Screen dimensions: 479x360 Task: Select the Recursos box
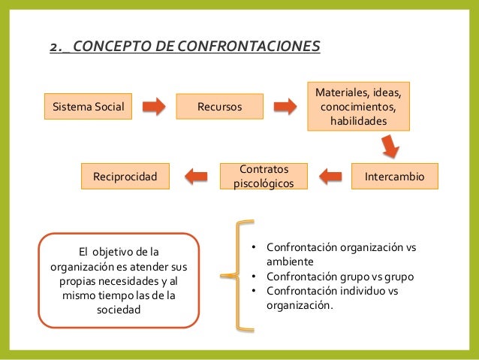219,107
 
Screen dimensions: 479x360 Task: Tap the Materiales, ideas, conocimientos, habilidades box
358,107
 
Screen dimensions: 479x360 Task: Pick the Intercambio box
393,176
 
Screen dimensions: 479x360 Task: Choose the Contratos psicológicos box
263,176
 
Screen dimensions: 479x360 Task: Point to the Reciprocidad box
125,176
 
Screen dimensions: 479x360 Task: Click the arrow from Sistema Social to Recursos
154,107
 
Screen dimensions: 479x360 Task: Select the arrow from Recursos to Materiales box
285,107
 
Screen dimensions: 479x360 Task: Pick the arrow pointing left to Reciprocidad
196,176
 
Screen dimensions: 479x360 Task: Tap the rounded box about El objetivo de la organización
119,280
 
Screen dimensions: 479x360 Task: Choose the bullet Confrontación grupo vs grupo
342,277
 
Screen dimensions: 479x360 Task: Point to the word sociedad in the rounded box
119,310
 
